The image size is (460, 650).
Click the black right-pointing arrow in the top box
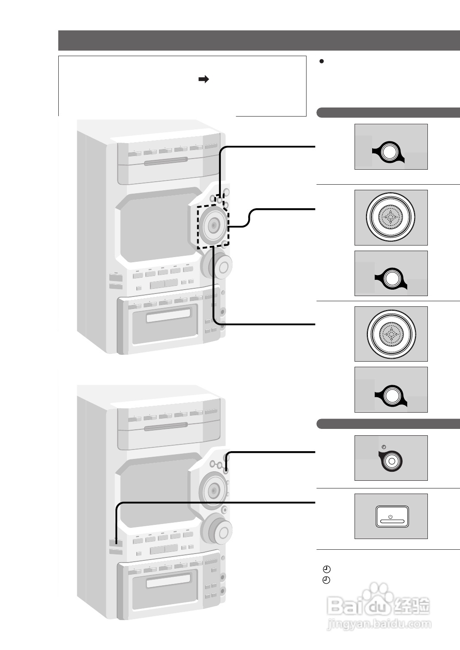[203, 79]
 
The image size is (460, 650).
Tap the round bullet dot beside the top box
[322, 61]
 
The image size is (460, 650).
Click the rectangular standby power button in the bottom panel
[392, 517]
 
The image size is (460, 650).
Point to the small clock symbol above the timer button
[384, 447]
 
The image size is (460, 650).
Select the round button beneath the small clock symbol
[391, 461]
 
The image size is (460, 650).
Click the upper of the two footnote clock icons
[326, 569]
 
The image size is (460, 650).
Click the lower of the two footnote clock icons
[326, 580]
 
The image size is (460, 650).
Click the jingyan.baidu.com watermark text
[379, 624]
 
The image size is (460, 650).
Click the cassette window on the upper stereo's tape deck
[168, 315]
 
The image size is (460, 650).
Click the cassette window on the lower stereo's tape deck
[168, 581]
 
